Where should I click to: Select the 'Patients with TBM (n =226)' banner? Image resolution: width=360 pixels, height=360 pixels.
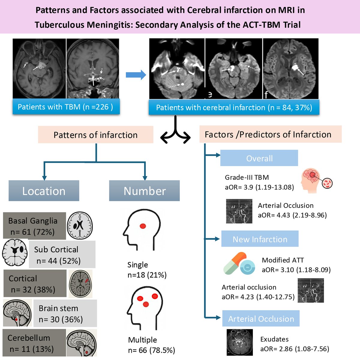[66, 107]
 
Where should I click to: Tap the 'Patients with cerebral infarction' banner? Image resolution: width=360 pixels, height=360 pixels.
[234, 107]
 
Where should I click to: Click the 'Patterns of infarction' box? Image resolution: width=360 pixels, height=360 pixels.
[95, 135]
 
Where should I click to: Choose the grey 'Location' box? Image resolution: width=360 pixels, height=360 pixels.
[44, 191]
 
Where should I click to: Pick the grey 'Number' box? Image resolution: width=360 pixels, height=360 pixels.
[144, 191]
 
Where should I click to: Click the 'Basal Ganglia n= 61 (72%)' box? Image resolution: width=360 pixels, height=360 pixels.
[34, 226]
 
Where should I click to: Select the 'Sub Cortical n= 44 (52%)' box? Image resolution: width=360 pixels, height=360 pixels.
[62, 255]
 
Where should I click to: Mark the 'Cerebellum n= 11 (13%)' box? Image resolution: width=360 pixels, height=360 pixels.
[34, 343]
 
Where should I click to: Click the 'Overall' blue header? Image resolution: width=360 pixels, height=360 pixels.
[259, 158]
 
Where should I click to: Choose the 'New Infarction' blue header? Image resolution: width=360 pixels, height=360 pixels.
[260, 239]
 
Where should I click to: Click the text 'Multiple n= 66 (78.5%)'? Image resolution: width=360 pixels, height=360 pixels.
[151, 345]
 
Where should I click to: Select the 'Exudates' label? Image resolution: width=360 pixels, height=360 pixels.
[274, 339]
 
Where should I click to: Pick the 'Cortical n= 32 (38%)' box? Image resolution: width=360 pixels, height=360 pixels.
[34, 283]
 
